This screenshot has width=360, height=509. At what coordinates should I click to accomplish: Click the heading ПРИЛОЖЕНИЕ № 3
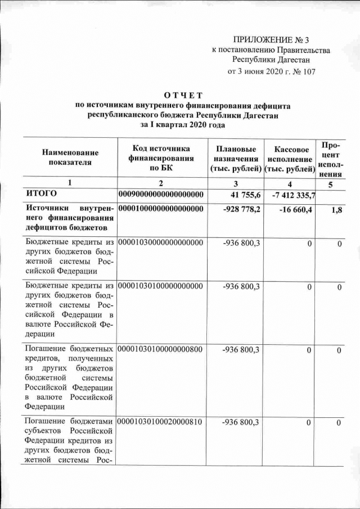click(271, 39)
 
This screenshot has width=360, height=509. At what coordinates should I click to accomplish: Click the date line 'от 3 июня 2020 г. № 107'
click(271, 72)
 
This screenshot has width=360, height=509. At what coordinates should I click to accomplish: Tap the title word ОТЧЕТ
click(182, 95)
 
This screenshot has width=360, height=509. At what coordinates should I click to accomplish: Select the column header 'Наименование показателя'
click(70, 157)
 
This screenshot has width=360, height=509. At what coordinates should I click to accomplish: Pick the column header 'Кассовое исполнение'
click(290, 159)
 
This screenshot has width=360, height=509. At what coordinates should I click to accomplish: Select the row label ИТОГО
click(42, 194)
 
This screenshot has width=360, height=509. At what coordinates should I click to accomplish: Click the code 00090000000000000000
click(161, 195)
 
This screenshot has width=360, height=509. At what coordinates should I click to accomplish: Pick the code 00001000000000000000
click(161, 209)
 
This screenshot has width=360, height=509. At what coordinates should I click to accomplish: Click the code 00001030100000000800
click(161, 350)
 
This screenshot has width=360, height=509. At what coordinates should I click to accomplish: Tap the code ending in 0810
click(161, 422)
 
